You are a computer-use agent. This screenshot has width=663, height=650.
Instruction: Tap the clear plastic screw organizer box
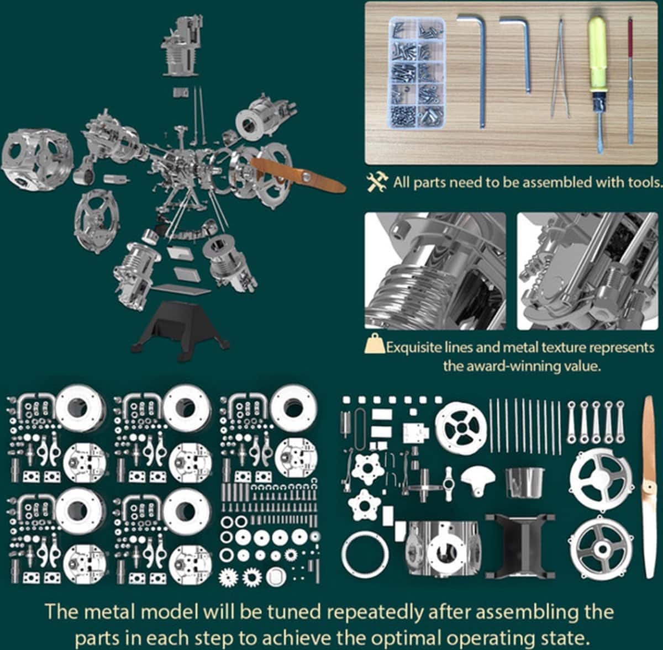[x=417, y=73]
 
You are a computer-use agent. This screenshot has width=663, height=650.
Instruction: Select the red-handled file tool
[x=630, y=81]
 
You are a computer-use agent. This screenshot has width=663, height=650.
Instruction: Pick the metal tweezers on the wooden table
[x=560, y=69]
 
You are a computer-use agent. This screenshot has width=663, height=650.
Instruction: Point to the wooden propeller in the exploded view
[x=298, y=176]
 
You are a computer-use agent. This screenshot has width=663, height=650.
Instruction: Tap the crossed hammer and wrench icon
[x=377, y=182]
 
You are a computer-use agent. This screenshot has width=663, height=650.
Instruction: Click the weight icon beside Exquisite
[x=375, y=343]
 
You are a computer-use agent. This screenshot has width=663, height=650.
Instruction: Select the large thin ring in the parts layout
[x=365, y=554]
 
